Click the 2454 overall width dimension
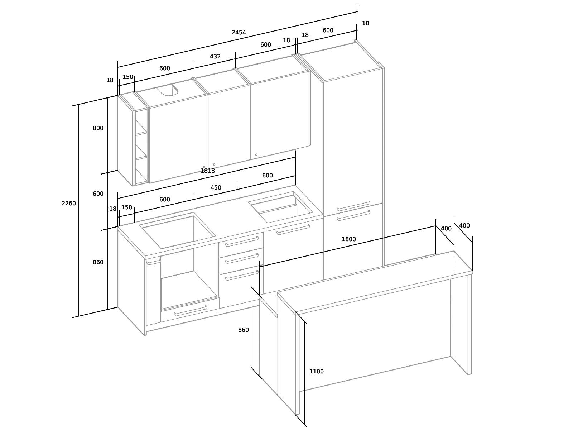(x=239, y=32)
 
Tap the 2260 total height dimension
(x=69, y=204)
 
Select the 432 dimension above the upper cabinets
(x=215, y=56)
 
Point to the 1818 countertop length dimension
(x=207, y=171)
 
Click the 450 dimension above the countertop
(x=216, y=188)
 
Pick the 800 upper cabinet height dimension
(x=98, y=128)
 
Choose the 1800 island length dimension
(x=349, y=239)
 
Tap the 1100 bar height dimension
(x=316, y=371)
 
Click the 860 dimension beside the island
(x=243, y=330)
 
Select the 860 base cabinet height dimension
(x=98, y=262)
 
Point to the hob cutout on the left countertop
(x=178, y=230)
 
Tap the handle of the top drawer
(x=242, y=242)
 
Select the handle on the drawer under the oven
(x=191, y=311)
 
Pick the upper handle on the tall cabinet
(x=354, y=206)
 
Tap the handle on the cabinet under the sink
(x=293, y=229)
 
